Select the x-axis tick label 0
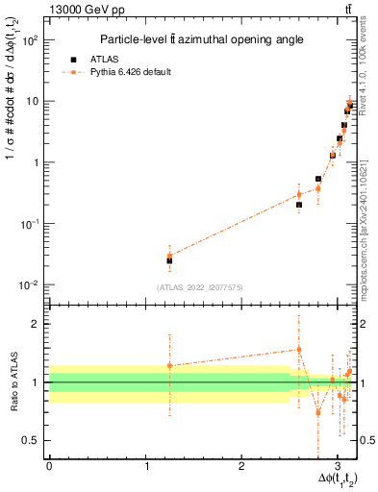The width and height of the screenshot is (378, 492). click(49, 465)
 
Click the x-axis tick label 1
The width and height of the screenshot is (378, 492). click(145, 465)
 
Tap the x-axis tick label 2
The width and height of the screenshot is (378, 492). click(241, 465)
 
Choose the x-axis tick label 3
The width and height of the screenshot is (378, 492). click(338, 465)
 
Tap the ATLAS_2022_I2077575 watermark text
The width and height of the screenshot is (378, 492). click(198, 287)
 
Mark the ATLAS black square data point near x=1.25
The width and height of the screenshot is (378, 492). click(169, 260)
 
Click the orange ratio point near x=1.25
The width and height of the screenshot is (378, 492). click(169, 365)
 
